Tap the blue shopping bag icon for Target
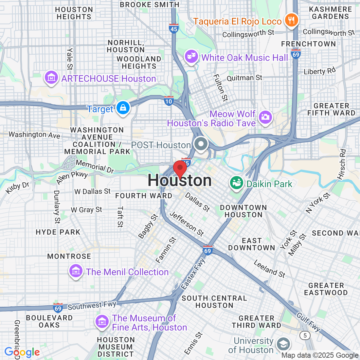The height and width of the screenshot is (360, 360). coord(123,107)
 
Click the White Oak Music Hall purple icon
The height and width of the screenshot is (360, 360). coord(191,57)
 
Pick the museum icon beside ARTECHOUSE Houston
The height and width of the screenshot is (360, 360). coord(51,78)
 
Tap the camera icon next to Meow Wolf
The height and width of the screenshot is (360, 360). coord(265,117)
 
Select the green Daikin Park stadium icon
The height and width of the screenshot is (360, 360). coord(236,183)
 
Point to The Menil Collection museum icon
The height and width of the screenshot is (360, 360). coord(76,271)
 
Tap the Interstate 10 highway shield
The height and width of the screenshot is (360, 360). coord(169,101)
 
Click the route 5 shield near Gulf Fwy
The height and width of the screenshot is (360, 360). coord(305,335)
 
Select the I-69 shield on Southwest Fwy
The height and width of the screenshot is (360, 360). coord(58,308)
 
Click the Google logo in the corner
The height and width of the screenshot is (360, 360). coord(22,352)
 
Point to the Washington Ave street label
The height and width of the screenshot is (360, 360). coord(34,135)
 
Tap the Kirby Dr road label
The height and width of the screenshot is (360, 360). coord(17,187)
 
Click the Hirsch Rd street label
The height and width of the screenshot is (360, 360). coord(342,164)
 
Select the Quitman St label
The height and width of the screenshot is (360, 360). coord(244,78)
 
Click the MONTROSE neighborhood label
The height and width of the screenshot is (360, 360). coord(69,256)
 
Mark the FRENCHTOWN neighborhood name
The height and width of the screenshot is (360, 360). coord(308,44)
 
